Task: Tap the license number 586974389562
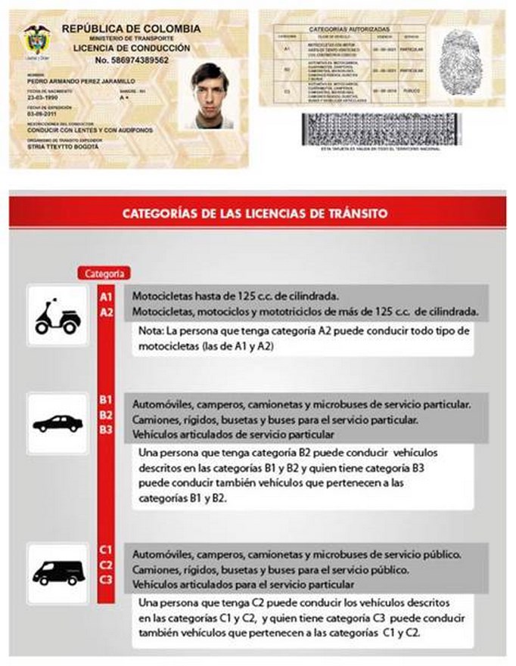point(132,60)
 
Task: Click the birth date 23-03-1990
point(39,99)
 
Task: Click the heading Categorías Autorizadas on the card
point(349,28)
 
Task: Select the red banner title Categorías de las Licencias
point(256,214)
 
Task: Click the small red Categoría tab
point(104,273)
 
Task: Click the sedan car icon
point(58,423)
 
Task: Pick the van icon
point(58,573)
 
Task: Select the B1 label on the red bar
point(106,400)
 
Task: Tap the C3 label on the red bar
point(106,580)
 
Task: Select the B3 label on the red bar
point(106,430)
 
